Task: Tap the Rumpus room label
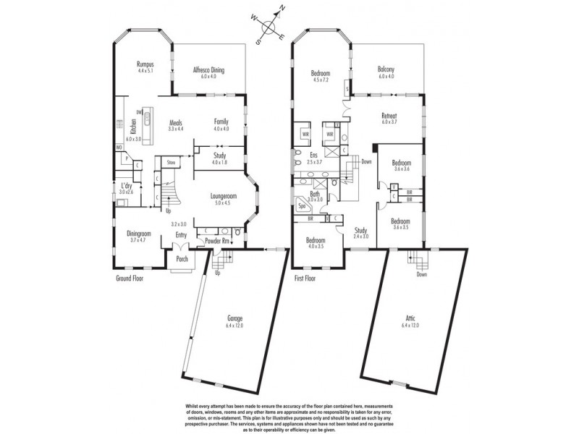point(147,64)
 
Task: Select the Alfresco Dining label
point(208,70)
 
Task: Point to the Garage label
point(234,319)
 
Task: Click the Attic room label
point(410,319)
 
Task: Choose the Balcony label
point(385,70)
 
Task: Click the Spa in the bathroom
point(300,206)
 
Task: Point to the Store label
point(172,163)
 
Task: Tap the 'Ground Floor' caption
point(130,278)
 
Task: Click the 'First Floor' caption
point(307,278)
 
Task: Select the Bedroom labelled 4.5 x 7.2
point(321,73)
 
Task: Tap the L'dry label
point(127,186)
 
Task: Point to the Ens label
point(314,155)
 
